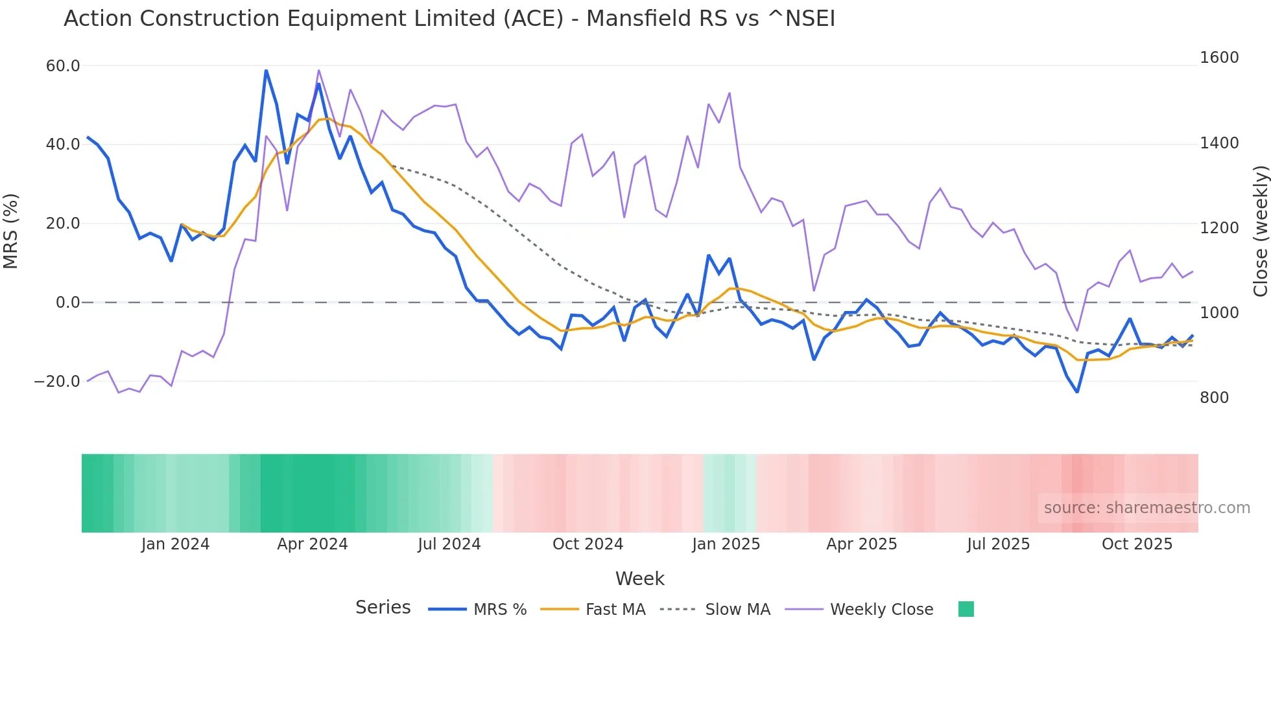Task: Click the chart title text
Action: coord(449,19)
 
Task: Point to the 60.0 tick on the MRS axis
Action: coord(63,66)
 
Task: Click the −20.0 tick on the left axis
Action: coord(57,382)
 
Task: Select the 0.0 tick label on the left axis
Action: coord(68,303)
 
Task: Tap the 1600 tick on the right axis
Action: coord(1219,58)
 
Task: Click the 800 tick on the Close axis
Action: coord(1214,398)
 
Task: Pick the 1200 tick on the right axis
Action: coord(1219,228)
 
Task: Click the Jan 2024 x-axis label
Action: coord(175,544)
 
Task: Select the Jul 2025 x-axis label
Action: coord(998,544)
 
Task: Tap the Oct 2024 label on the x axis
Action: coord(588,544)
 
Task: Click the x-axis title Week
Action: coord(639,579)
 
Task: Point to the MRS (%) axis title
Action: coord(11,231)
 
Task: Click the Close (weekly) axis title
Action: coord(1260,231)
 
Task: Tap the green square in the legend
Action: coord(966,609)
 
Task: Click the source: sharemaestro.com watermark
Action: coord(1146,508)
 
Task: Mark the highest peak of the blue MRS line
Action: coord(266,70)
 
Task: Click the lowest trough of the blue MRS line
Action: coord(1077,392)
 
